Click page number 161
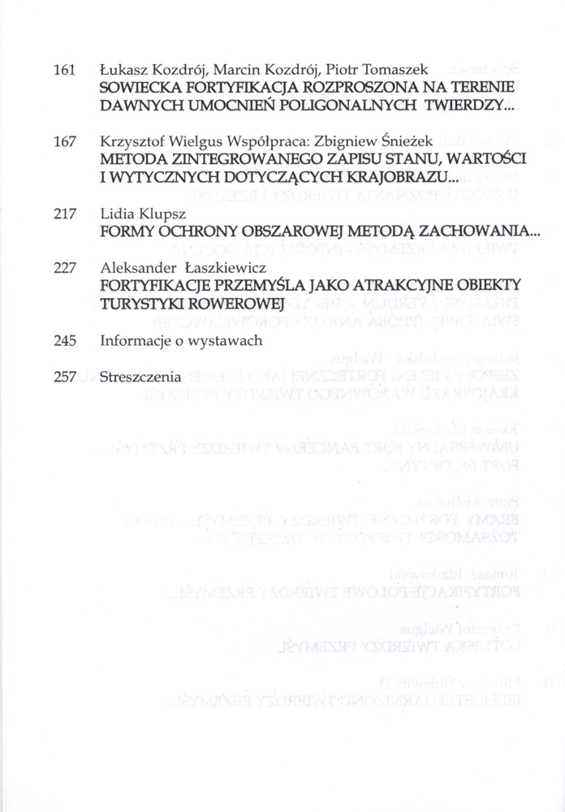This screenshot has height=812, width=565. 63,71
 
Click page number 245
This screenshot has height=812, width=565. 63,341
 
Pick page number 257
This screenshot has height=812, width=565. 63,377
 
